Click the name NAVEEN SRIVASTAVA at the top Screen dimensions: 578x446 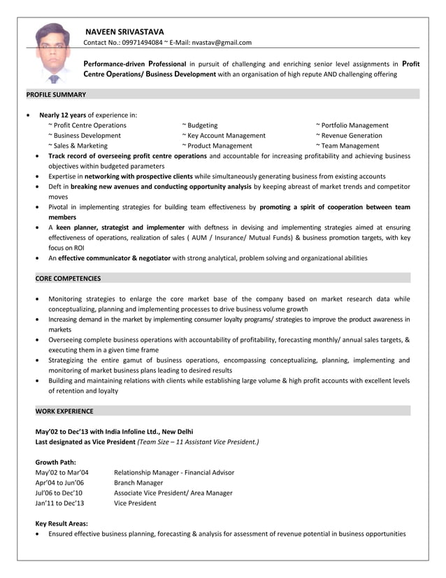(x=124, y=31)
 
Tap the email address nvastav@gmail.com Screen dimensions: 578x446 (x=222, y=43)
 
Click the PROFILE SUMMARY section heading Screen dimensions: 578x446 (x=56, y=94)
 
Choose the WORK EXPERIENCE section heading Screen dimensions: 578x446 (x=64, y=411)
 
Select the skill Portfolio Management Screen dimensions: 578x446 (x=352, y=125)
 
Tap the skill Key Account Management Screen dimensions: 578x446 (x=223, y=136)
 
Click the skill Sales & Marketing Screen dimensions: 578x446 (x=78, y=146)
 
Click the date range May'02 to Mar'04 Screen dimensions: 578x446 (x=62, y=472)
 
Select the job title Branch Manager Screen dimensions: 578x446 (x=138, y=483)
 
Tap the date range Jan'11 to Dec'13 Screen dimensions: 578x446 (x=59, y=502)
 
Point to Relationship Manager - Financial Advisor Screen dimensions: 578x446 (x=173, y=472)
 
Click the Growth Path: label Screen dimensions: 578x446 (x=55, y=462)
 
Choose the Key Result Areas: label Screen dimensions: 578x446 (x=62, y=523)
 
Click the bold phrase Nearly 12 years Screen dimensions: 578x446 (x=62, y=115)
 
